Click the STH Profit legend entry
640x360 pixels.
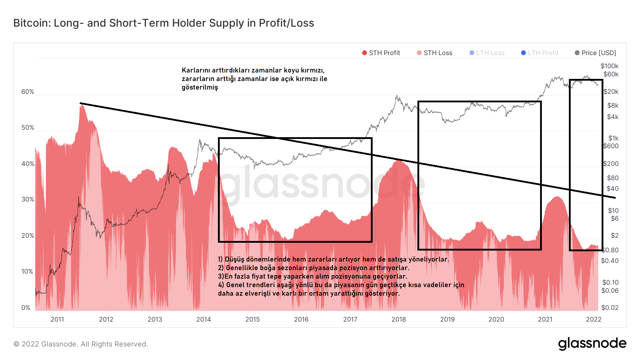point(381,53)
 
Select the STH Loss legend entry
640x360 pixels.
point(434,53)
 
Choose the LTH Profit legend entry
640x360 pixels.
point(540,53)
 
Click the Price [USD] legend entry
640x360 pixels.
point(596,53)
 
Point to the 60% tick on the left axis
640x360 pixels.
point(28,92)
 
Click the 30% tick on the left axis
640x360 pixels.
point(28,199)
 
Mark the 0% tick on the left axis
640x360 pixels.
point(26,308)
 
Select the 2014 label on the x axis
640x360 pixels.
point(204,319)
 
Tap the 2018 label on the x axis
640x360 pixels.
point(399,319)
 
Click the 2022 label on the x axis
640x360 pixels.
point(593,319)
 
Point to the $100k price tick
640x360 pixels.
point(609,66)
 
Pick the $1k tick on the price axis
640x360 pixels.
point(613,138)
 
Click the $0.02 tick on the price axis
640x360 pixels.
point(610,308)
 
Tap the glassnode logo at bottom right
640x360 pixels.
point(592,344)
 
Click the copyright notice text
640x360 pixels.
point(81,344)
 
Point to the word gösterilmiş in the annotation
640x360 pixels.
point(200,87)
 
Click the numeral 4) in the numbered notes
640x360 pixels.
point(221,285)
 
